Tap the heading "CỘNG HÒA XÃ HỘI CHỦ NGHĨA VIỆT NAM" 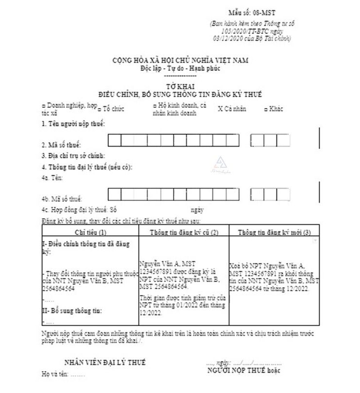(180, 61)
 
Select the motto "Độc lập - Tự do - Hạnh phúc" (180, 68)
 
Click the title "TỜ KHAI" (180, 87)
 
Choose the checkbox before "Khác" (266, 109)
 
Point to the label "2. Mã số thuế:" (61, 145)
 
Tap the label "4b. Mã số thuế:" (62, 199)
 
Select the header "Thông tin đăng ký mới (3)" (274, 233)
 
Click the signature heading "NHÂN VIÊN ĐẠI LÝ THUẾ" (105, 363)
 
